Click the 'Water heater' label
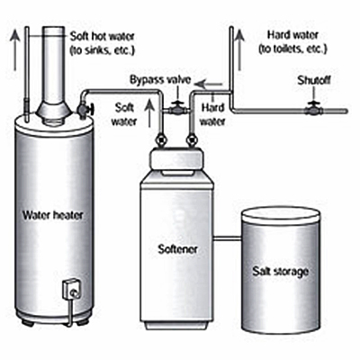(x=53, y=215)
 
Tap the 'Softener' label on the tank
(x=177, y=248)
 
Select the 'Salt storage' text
(x=280, y=271)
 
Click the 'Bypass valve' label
(x=160, y=80)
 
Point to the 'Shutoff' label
(x=314, y=80)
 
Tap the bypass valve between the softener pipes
(x=177, y=109)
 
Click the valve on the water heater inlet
(x=85, y=109)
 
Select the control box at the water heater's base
(x=71, y=289)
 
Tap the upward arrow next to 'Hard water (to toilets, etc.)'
(x=239, y=49)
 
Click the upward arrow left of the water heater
(x=14, y=49)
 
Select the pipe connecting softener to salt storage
(x=228, y=238)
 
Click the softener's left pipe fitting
(x=161, y=140)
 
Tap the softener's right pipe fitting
(x=191, y=140)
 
